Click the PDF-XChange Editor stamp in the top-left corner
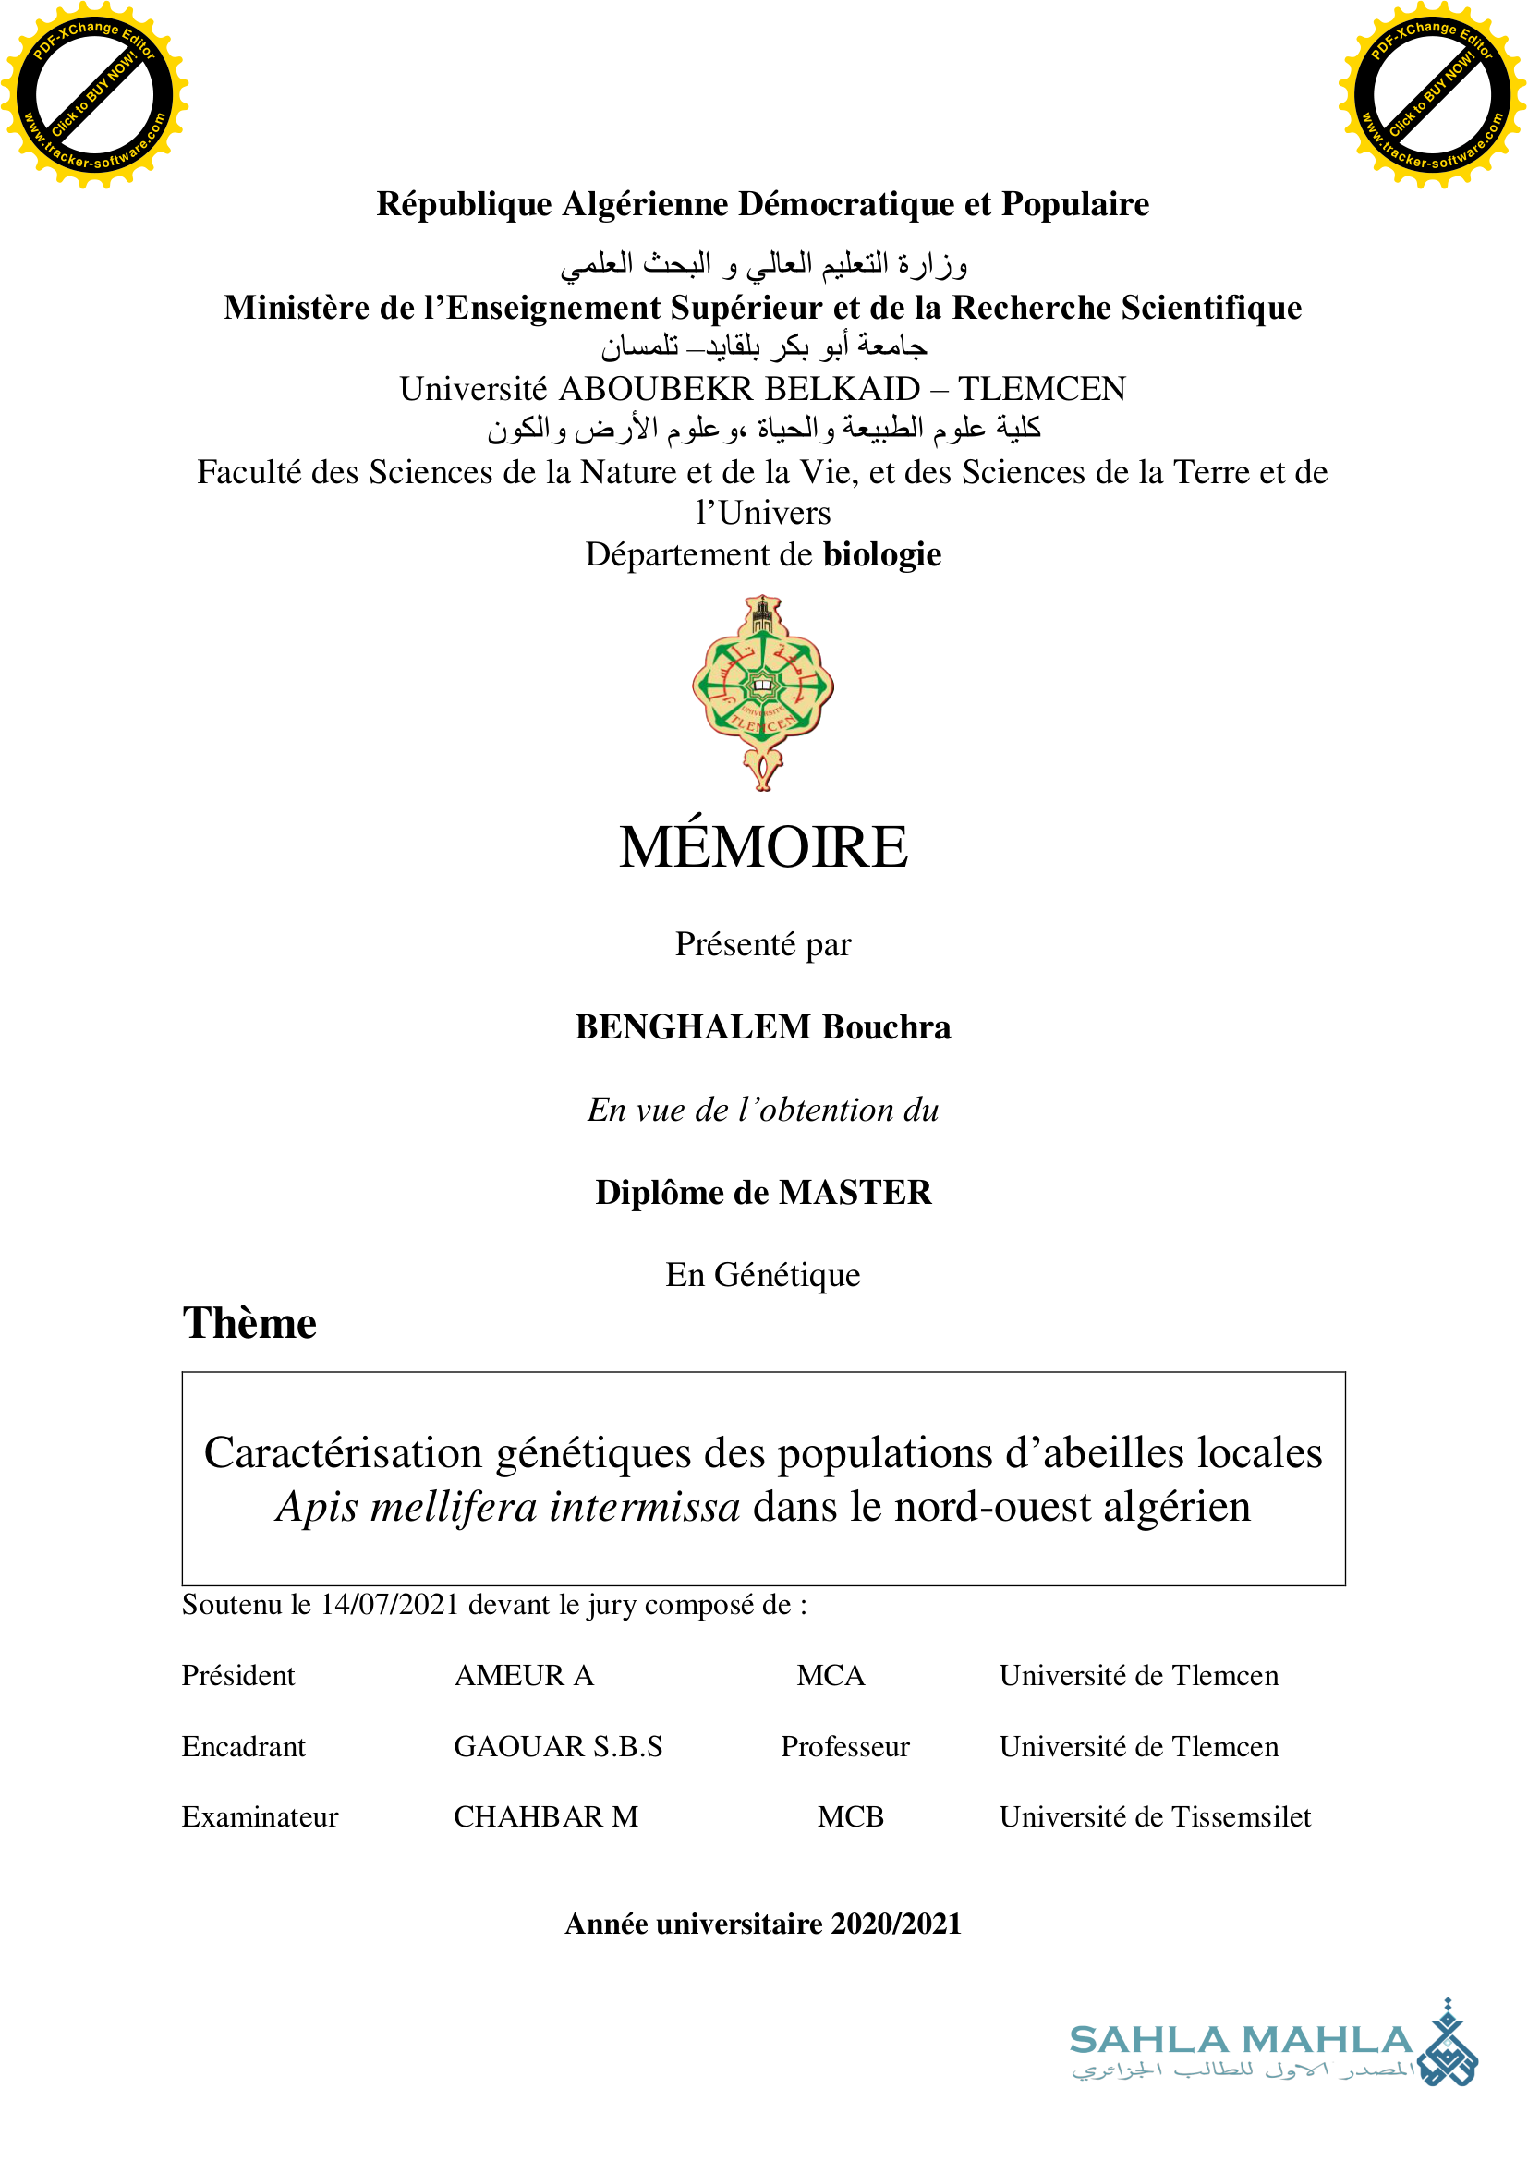[94, 94]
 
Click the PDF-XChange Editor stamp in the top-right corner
[1432, 94]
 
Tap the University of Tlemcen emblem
[763, 692]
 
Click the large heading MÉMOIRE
[763, 847]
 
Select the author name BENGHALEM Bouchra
[763, 1026]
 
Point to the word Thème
[249, 1323]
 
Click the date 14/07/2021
[390, 1605]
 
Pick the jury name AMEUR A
[524, 1676]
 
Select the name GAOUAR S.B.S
[558, 1747]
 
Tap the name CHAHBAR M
[546, 1817]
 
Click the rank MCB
[851, 1817]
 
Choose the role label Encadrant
[244, 1747]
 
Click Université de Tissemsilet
[1155, 1817]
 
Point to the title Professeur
[845, 1747]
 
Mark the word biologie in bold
[881, 555]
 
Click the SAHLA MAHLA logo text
[1240, 2040]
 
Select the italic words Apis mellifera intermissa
[508, 1507]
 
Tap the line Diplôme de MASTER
[763, 1193]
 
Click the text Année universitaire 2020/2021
[763, 1924]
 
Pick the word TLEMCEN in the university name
[1041, 389]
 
